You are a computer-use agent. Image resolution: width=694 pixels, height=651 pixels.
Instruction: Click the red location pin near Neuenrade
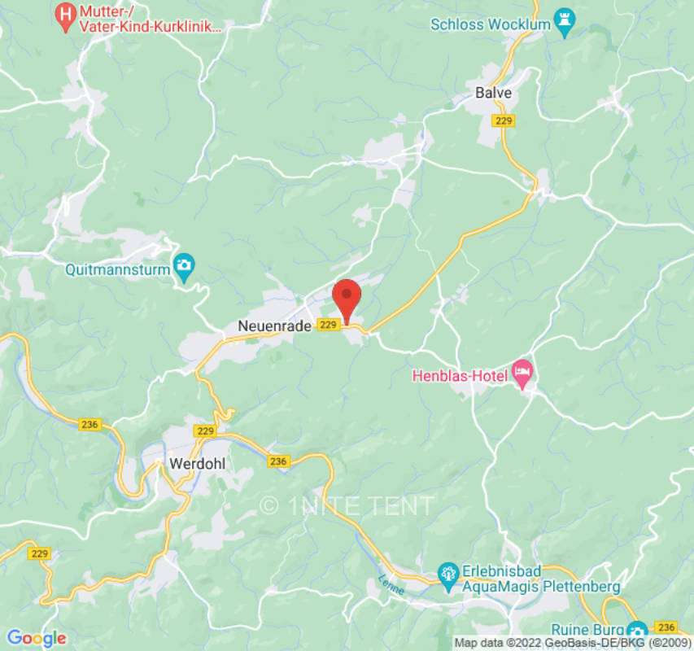(x=347, y=297)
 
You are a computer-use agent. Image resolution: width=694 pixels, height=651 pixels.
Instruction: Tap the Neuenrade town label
(x=274, y=325)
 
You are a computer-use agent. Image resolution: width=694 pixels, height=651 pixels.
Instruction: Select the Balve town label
(x=494, y=93)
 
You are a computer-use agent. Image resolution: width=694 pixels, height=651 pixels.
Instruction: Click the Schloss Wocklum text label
(x=491, y=24)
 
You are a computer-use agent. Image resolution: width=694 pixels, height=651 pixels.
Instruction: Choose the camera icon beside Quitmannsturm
(x=185, y=266)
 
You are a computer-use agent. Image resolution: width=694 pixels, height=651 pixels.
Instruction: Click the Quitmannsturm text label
(x=117, y=267)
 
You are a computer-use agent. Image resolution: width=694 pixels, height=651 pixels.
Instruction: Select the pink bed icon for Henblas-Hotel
(x=522, y=374)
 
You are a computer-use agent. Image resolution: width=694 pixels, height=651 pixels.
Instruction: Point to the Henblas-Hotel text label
(x=460, y=376)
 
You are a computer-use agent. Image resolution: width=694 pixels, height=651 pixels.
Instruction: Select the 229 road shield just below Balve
(x=504, y=120)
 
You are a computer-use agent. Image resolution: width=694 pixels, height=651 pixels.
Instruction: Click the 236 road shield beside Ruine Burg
(x=666, y=627)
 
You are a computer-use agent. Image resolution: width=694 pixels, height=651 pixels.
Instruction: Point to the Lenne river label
(x=391, y=584)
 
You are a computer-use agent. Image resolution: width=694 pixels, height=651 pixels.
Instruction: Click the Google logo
(x=36, y=638)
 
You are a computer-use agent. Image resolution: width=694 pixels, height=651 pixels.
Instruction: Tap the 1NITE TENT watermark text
(x=347, y=505)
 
